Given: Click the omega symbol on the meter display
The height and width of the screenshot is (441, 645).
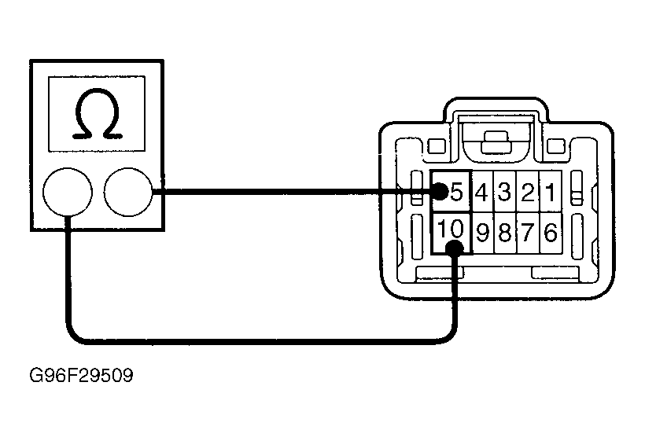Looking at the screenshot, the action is (x=97, y=113).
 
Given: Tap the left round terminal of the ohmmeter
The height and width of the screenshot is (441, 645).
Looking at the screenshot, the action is (x=68, y=192).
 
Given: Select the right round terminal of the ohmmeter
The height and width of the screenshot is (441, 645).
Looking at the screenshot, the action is (x=128, y=192).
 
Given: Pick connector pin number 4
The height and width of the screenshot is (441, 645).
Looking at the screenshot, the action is (x=481, y=192).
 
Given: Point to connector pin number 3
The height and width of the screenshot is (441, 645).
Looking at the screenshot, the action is (x=504, y=192).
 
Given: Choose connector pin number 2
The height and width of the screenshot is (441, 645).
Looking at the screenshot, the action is (x=527, y=192).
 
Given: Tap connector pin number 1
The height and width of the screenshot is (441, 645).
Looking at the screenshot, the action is (x=551, y=192).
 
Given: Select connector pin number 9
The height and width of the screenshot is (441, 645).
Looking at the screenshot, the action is (x=482, y=233).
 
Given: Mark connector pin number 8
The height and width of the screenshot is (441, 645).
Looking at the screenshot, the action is (x=504, y=233).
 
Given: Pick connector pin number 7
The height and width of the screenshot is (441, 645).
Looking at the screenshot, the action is (x=527, y=233).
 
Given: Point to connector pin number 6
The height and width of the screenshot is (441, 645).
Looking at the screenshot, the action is (x=551, y=233).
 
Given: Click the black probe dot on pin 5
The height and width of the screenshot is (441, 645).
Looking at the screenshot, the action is (x=440, y=191).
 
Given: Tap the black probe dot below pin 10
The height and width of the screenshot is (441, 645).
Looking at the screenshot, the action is (x=455, y=248).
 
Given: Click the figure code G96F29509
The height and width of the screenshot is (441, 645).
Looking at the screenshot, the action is (x=82, y=375).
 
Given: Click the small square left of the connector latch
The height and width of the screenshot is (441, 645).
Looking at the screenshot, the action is (x=437, y=146).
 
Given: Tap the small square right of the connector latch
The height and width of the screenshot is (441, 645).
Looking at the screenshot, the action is (x=556, y=146).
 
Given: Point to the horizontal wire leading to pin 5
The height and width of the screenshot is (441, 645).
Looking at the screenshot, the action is (x=292, y=192).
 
